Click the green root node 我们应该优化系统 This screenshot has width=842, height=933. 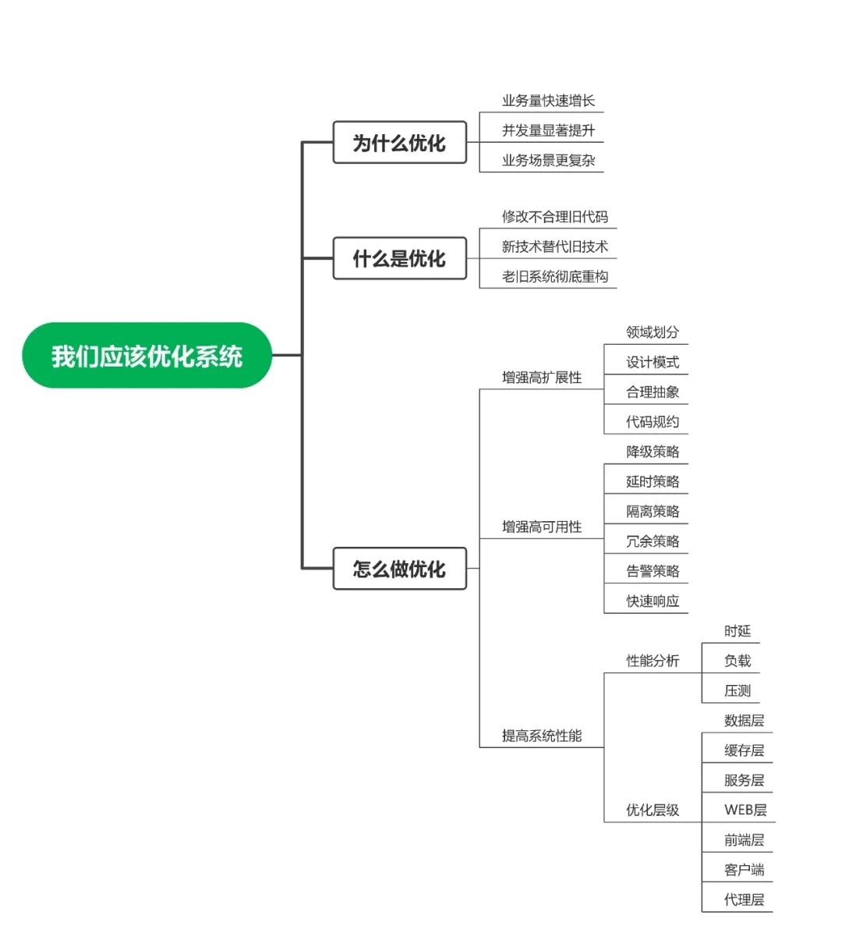coord(147,356)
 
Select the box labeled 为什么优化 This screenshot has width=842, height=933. coord(399,143)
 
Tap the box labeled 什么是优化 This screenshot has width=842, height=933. coord(399,258)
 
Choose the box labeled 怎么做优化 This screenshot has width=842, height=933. coord(399,569)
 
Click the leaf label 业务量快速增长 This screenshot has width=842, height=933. coord(548,101)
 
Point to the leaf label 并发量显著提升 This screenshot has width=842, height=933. coord(548,130)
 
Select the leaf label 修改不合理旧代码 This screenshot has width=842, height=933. coord(554,217)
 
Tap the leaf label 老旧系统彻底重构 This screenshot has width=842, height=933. coord(554,276)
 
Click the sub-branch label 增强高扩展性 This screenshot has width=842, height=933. coord(541,378)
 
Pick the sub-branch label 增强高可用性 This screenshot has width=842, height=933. coord(541,527)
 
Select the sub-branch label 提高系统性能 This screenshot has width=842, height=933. coord(541,736)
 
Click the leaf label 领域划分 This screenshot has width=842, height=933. coord(653,332)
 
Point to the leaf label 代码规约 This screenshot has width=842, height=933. coord(653,422)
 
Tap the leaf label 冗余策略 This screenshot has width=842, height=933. coord(653,541)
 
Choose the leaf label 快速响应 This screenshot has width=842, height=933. coord(653,601)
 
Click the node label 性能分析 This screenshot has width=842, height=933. coord(653,661)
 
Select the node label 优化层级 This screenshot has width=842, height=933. coord(653,811)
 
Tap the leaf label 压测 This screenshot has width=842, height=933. coord(737,691)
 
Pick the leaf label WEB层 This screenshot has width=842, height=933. coord(745,810)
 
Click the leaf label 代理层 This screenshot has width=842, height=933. coord(744,899)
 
